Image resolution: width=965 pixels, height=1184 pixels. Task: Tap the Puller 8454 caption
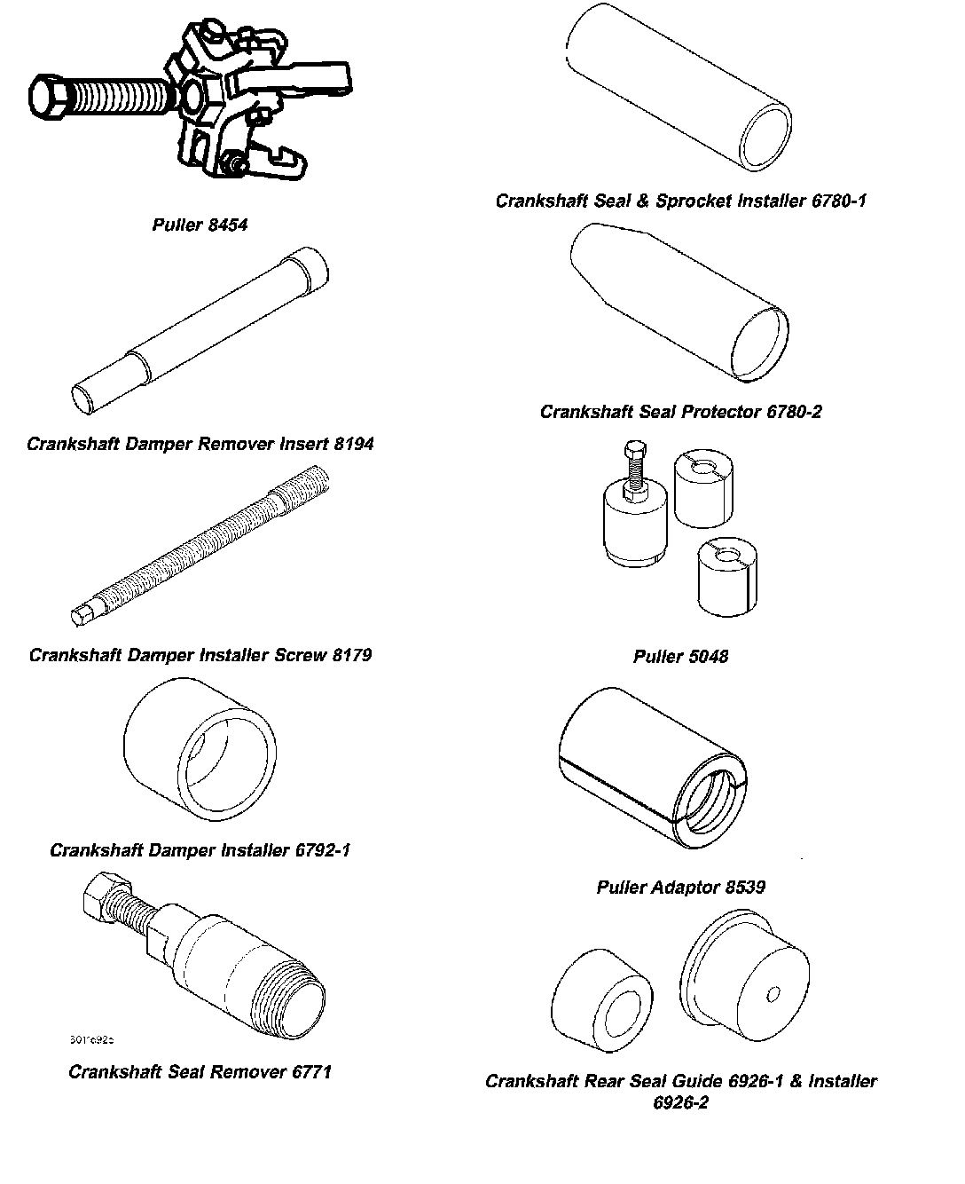tap(200, 225)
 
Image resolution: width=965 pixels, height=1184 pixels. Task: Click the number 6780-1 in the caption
tap(838, 201)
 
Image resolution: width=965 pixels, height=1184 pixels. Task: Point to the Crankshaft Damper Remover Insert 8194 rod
tap(200, 328)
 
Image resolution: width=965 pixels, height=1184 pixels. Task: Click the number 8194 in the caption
tap(354, 444)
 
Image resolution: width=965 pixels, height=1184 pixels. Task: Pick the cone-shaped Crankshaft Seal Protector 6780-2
tap(679, 302)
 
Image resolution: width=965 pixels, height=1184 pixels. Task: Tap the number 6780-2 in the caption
tap(792, 412)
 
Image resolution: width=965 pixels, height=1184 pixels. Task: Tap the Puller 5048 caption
tap(680, 657)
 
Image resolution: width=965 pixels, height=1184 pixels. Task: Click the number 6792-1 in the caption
tap(322, 850)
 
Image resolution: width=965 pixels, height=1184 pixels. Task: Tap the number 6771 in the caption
tap(311, 1072)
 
